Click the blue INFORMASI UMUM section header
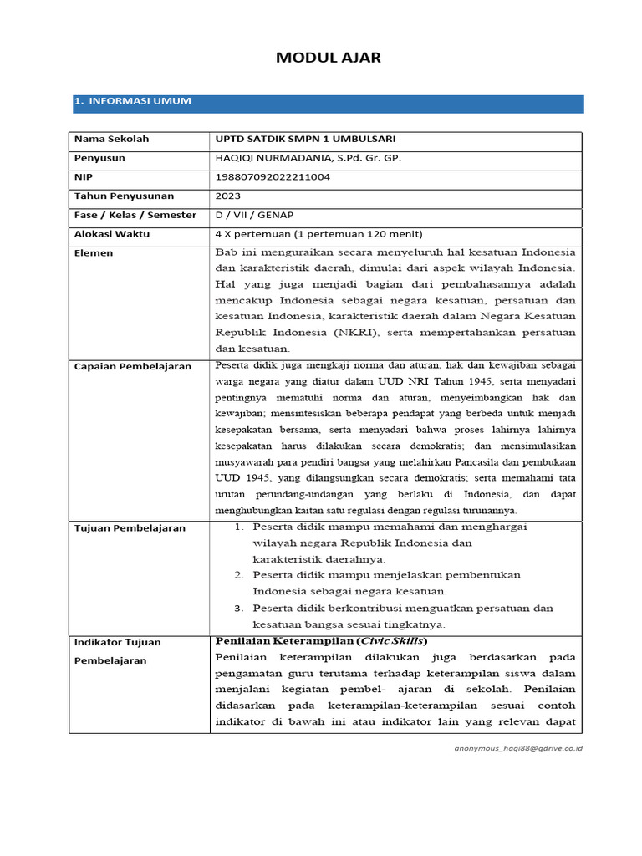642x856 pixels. (x=134, y=101)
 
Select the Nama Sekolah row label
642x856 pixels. (x=111, y=140)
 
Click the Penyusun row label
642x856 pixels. (x=99, y=158)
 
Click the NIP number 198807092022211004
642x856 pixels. (x=273, y=177)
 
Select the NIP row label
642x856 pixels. (x=84, y=177)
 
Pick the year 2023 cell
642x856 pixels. (x=228, y=196)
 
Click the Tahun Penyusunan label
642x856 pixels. (x=124, y=196)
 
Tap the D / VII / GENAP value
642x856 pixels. (x=255, y=216)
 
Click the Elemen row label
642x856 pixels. (x=94, y=253)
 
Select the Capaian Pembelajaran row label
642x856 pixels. (x=132, y=367)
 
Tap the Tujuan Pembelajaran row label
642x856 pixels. (x=130, y=528)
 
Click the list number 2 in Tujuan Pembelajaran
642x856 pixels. (x=238, y=575)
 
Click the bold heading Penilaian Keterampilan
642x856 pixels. (x=284, y=641)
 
